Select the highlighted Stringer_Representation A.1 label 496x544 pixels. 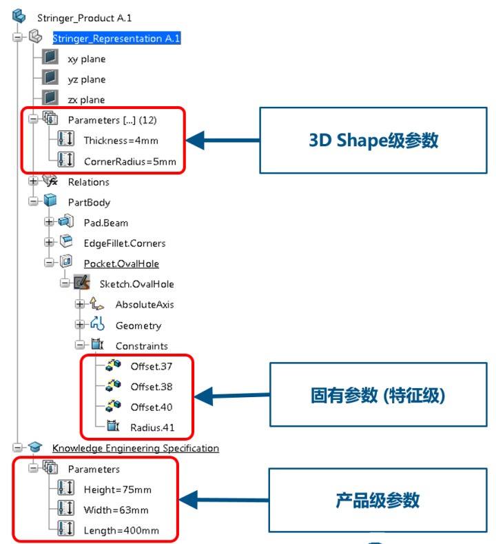point(116,39)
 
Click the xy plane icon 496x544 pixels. point(50,59)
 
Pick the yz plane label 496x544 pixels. point(86,79)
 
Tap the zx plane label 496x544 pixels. point(86,100)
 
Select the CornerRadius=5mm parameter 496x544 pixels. point(130,162)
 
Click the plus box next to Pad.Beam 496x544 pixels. point(48,223)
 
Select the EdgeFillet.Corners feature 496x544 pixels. point(124,243)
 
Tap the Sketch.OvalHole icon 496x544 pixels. point(82,283)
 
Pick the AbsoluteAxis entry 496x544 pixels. point(145,305)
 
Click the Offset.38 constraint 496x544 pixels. point(151,387)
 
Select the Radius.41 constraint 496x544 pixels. point(152,427)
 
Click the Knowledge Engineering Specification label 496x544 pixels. point(135,448)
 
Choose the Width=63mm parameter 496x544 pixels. point(116,510)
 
